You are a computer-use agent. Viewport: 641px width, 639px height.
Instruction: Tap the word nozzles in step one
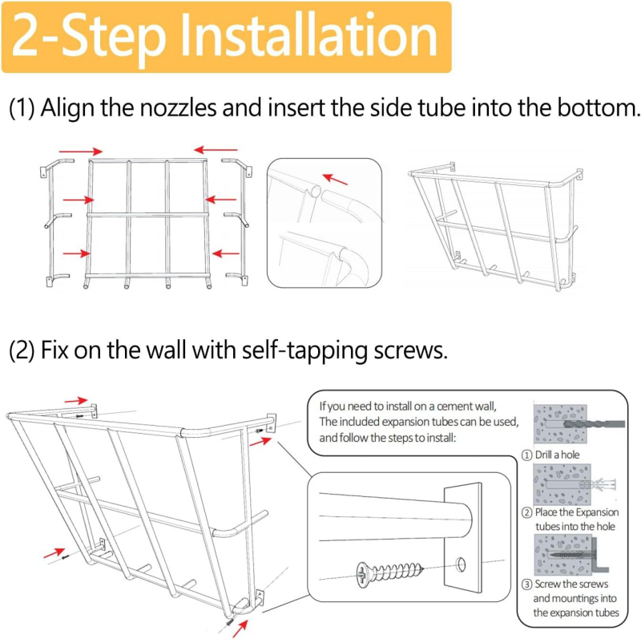click(178, 107)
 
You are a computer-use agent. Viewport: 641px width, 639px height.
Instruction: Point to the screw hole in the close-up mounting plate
click(461, 565)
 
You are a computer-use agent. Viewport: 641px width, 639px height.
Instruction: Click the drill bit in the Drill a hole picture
click(594, 424)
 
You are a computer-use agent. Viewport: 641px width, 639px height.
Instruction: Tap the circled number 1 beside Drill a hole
click(527, 455)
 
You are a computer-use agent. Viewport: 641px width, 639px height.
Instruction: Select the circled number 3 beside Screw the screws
click(526, 584)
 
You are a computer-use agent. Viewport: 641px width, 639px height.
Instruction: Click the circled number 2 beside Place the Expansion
click(527, 512)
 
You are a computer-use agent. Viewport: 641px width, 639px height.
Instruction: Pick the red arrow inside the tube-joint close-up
click(335, 179)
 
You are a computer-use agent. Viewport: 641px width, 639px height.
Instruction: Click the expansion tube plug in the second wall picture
click(598, 485)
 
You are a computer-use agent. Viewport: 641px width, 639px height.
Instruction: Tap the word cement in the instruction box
click(453, 406)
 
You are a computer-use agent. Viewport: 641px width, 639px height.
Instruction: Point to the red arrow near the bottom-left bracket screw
click(54, 553)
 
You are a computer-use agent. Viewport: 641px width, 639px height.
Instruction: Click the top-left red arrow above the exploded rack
click(81, 152)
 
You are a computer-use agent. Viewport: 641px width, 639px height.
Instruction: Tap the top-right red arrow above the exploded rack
click(216, 150)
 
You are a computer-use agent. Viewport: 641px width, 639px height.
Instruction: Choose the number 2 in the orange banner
click(28, 36)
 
